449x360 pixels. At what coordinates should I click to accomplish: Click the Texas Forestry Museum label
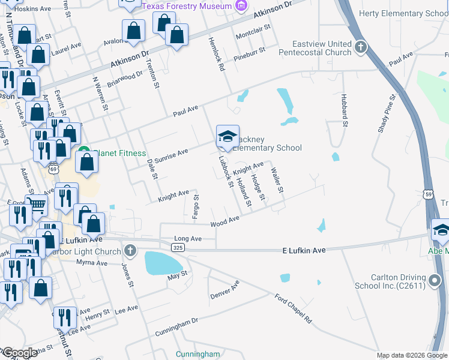pos(187,6)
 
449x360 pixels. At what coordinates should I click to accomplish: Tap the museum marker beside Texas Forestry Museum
pos(241,6)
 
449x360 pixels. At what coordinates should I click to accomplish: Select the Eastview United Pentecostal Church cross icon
pos(360,47)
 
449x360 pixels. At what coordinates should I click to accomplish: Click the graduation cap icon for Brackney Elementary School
pos(228,137)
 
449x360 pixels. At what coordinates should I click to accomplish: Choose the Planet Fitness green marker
pos(84,152)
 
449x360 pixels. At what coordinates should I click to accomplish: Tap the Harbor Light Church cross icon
pos(130,250)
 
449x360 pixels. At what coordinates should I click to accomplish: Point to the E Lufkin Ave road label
pos(304,248)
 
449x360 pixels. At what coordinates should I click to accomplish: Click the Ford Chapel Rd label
pos(294,308)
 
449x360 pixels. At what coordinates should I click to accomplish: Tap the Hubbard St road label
pos(345,109)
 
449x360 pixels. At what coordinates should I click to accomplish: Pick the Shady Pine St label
pos(387,110)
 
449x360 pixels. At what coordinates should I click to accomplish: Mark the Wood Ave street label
pos(225,223)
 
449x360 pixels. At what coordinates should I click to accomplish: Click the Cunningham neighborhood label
pos(197,354)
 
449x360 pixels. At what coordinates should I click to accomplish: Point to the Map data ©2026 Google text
pos(411,355)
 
